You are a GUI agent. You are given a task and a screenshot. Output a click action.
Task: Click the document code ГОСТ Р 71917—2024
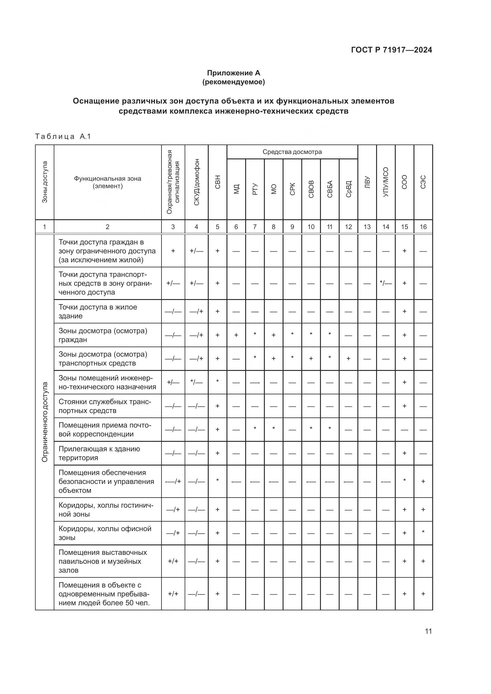pos(391,50)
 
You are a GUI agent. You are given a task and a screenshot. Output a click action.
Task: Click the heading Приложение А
pos(233,73)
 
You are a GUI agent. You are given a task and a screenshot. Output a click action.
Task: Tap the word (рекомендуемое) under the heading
pos(233,82)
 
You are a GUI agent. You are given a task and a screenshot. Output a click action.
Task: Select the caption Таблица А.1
pos(63,136)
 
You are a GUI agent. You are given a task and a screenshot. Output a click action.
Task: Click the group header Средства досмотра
pos(292,152)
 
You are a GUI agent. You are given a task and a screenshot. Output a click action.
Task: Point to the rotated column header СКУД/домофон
pos(197,182)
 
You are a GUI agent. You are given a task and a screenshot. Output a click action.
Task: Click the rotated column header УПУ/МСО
pos(386,182)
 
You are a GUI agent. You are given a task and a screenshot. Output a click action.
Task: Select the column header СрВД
pos(348,189)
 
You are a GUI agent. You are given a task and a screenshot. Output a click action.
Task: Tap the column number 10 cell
pos(311,227)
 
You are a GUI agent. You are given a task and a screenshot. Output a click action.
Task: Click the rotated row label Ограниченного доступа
pos(45,422)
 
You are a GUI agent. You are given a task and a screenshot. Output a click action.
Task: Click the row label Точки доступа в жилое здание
pos(98,311)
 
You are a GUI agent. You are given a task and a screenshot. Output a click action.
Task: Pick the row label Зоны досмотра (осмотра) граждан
pos(103,335)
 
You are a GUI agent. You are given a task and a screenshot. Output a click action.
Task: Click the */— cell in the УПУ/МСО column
pos(386,283)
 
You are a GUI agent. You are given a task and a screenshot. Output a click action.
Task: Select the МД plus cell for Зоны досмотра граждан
pos(236,335)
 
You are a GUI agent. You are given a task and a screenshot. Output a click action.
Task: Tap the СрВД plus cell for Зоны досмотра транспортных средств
pos(348,358)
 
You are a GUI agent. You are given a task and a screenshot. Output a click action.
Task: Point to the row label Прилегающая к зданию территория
pos(99,453)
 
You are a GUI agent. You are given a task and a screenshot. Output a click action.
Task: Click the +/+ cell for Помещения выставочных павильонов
pos(173,561)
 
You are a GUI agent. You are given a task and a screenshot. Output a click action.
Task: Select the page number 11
pos(428,631)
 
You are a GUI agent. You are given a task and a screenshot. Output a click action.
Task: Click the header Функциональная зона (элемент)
pos(108,182)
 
